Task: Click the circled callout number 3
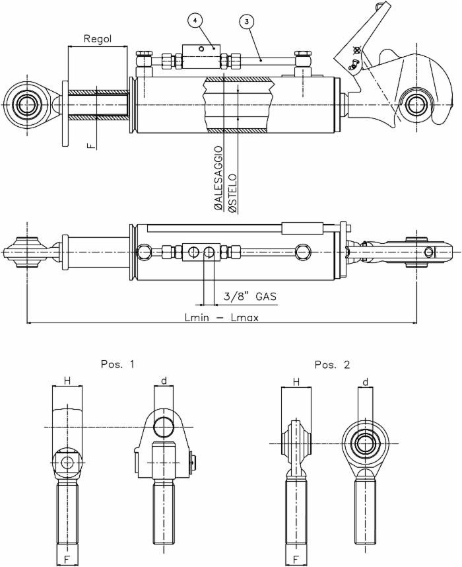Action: coord(246,22)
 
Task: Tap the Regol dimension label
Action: coord(97,39)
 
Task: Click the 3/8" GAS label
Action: coord(249,297)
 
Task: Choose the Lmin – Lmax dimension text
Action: coord(221,317)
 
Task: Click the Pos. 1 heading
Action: coord(117,364)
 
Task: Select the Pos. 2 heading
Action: coord(332,364)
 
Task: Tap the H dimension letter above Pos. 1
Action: coord(67,381)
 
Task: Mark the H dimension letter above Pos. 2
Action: coord(296,382)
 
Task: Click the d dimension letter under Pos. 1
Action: coord(164,381)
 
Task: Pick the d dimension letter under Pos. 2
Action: coord(365,382)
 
